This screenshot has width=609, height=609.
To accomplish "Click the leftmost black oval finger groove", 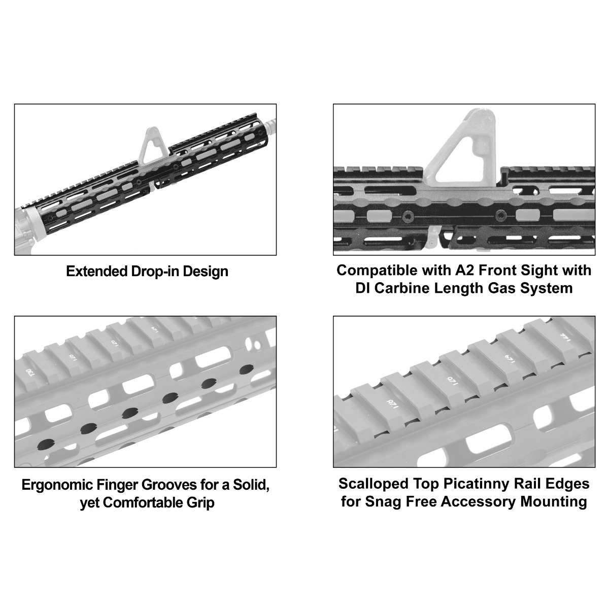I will point(45,443).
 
